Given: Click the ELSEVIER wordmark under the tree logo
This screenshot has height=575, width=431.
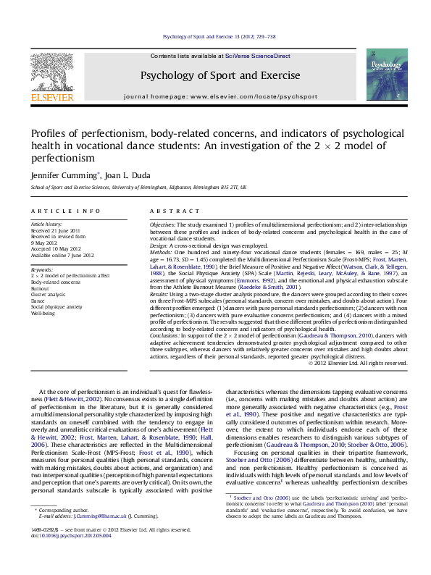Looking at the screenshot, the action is click(x=52, y=95).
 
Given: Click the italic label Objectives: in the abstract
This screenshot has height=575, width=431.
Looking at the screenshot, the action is click(x=164, y=225).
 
